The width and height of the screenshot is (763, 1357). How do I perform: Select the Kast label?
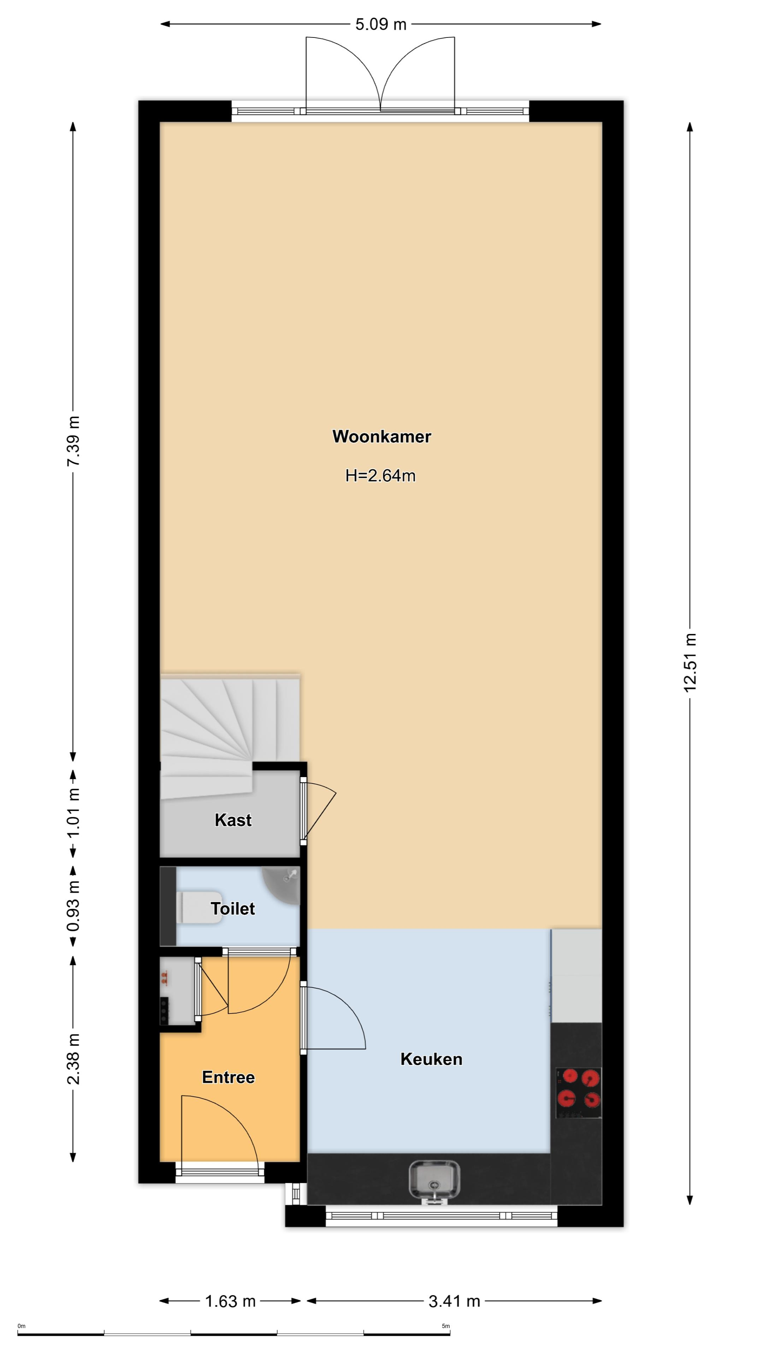point(233,820)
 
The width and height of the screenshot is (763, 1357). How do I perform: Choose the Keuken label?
point(431,1059)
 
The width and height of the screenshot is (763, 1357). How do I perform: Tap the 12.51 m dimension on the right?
point(690,662)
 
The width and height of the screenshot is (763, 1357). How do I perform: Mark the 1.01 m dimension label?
point(73,813)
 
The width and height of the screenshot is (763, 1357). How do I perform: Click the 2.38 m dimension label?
point(73,1059)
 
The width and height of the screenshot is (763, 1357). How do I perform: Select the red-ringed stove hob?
point(578,1093)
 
